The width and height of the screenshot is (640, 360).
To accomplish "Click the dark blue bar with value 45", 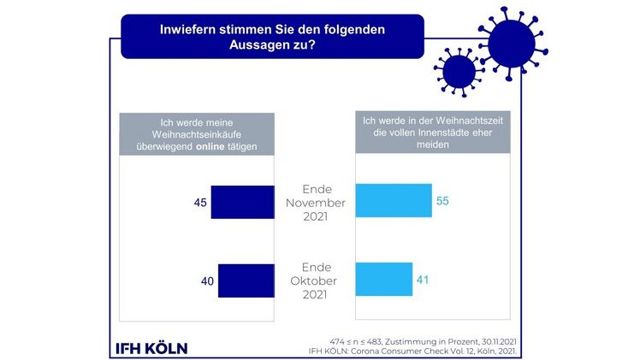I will pyautogui.click(x=242, y=203).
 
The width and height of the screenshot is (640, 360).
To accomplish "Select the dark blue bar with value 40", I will pyautogui.click(x=246, y=280).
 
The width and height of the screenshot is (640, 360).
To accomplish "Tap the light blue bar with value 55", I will pyautogui.click(x=393, y=201).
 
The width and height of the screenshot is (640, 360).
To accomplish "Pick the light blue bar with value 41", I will pyautogui.click(x=383, y=279).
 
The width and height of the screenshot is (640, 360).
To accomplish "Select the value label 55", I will pyautogui.click(x=443, y=201).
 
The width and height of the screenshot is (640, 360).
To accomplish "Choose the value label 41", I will pyautogui.click(x=424, y=279).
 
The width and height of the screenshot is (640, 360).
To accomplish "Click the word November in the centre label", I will pyautogui.click(x=314, y=203).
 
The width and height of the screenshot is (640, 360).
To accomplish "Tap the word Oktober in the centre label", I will pyautogui.click(x=314, y=280).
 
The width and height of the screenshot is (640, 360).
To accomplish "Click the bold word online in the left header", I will pyautogui.click(x=212, y=146).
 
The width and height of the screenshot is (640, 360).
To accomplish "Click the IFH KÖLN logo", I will pyautogui.click(x=151, y=347).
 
